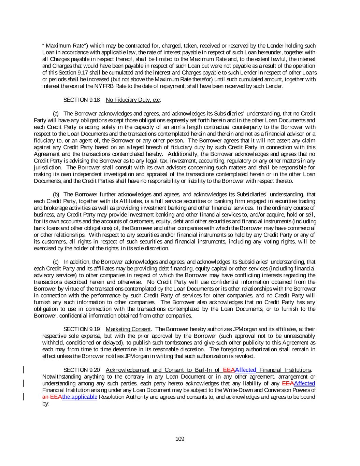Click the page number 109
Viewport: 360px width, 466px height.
tap(180, 439)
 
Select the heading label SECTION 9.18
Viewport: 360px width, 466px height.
tap(82, 100)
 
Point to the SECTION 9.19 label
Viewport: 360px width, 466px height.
tap(82, 329)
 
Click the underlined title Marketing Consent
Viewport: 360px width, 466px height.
tap(128, 329)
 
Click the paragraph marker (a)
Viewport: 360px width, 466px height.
tap(56, 113)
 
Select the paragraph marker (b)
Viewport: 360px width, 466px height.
tap(56, 194)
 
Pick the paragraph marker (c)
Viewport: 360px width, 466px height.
tap(56, 262)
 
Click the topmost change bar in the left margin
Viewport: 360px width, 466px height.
tap(23, 370)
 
